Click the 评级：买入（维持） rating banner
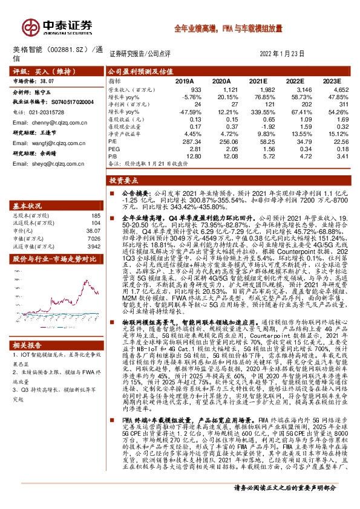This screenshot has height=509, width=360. [x=36, y=71]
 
